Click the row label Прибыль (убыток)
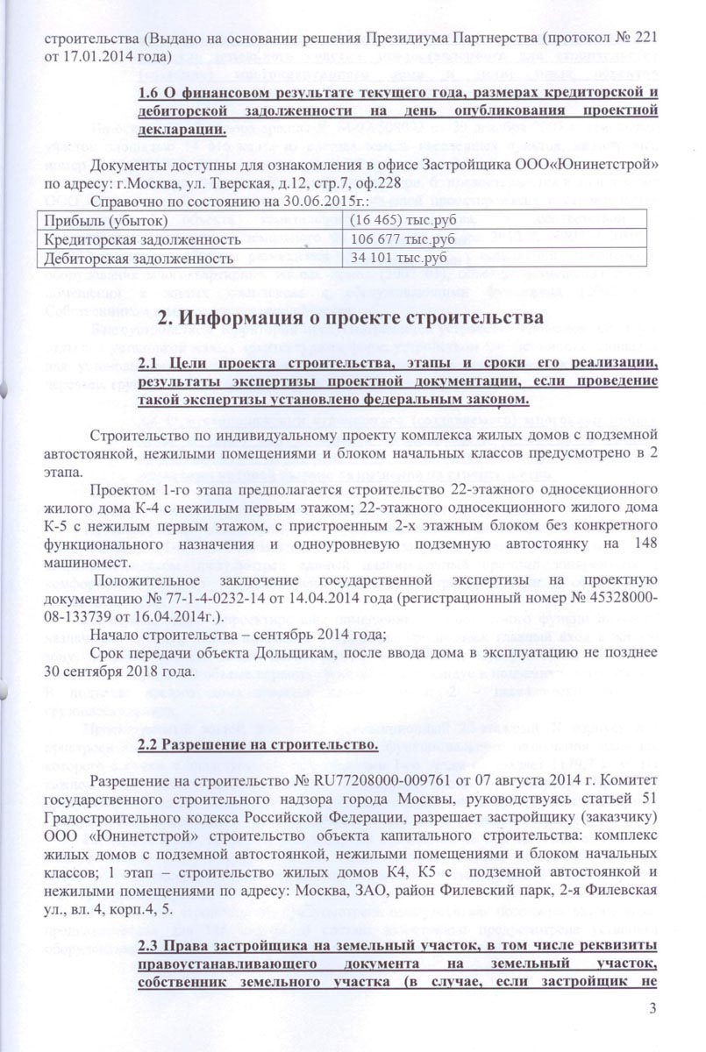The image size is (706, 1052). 101,219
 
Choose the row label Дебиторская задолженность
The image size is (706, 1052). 132,259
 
